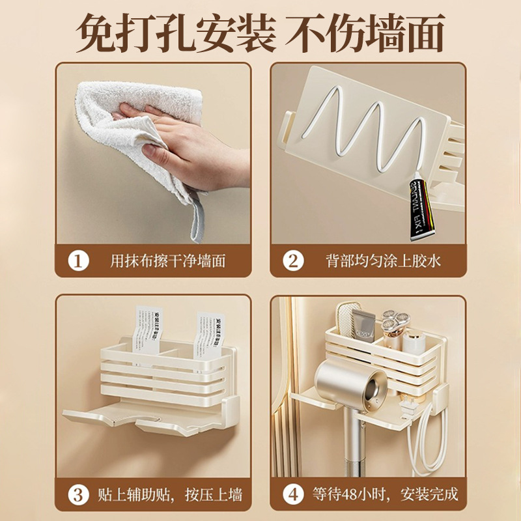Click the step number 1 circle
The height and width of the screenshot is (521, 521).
[79, 261]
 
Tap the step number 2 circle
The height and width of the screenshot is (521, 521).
[293, 261]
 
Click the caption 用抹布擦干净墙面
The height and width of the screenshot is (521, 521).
[168, 261]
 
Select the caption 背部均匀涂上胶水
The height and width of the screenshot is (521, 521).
[383, 261]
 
